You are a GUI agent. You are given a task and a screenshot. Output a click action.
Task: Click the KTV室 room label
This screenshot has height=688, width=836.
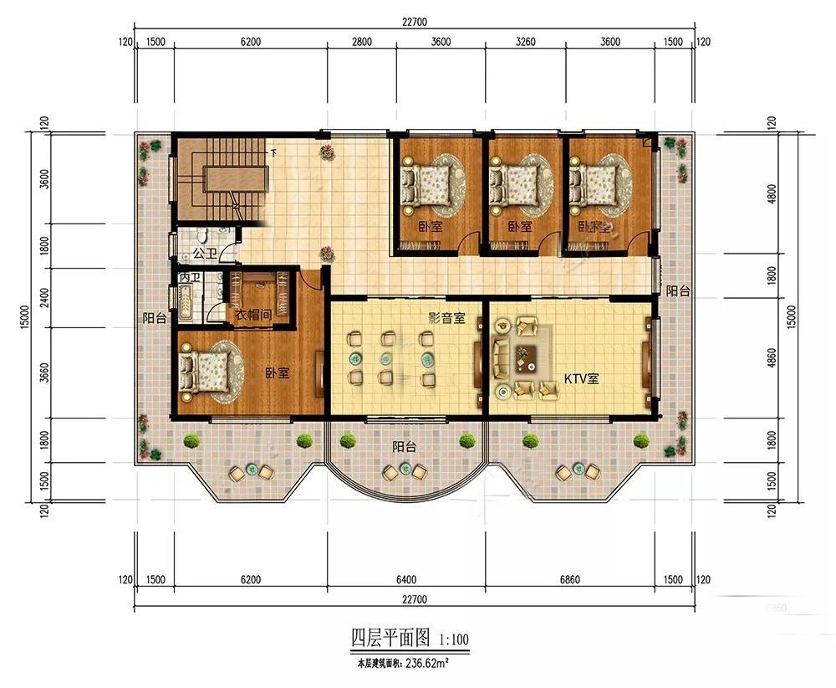tap(581, 379)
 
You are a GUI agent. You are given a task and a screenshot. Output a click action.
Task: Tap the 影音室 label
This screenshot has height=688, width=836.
tap(446, 319)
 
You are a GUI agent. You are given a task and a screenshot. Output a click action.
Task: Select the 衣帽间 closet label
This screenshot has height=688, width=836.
tap(253, 315)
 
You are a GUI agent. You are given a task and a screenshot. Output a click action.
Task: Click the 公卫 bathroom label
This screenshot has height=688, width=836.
tap(206, 253)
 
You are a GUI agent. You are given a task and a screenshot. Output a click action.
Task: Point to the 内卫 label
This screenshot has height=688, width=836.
tap(190, 278)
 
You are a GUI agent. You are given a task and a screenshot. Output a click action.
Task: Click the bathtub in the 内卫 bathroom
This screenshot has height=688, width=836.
tap(186, 303)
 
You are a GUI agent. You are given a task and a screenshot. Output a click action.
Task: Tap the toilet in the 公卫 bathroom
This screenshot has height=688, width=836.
tap(201, 235)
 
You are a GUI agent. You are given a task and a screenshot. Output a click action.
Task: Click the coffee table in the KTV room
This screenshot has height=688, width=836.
tap(525, 357)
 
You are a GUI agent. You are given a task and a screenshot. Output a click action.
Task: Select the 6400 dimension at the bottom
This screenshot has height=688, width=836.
tap(406, 580)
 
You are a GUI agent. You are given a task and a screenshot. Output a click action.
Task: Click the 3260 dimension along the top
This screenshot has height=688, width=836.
tap(525, 42)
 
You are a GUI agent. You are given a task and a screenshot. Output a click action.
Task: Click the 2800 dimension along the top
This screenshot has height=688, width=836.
tap(361, 42)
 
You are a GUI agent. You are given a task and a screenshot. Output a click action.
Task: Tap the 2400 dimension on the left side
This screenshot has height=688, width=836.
tap(44, 298)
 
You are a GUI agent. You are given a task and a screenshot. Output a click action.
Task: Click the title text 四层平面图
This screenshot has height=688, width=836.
tap(390, 638)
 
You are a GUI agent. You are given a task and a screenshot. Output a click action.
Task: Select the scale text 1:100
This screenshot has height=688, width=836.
tap(454, 639)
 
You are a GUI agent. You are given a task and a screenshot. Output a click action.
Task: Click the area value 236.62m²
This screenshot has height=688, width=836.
tap(426, 664)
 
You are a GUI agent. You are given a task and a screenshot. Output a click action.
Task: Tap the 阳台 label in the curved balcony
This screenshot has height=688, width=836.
tap(404, 447)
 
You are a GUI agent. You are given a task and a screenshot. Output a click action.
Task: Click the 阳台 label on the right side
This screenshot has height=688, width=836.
tap(678, 291)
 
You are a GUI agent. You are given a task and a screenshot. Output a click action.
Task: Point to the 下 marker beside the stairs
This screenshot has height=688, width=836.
tap(274, 152)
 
